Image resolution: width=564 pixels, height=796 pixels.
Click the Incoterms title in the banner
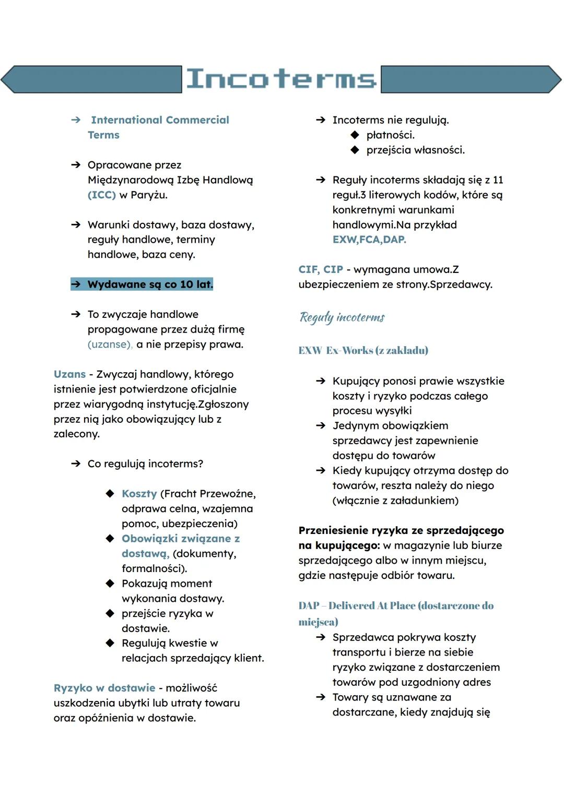(x=281, y=79)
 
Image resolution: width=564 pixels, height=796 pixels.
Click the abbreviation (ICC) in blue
(x=102, y=195)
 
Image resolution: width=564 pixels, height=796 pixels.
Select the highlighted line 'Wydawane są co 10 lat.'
(x=142, y=284)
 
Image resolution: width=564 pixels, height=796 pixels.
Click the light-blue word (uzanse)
(x=110, y=344)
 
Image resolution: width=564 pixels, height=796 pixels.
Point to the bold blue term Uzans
(x=69, y=374)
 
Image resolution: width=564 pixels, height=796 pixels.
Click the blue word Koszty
(x=139, y=494)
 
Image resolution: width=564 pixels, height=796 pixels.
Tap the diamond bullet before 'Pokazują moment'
(x=110, y=584)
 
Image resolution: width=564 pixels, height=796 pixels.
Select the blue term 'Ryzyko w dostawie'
(x=104, y=688)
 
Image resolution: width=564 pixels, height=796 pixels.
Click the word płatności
(x=390, y=135)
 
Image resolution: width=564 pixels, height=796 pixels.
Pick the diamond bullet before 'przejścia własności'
(x=355, y=150)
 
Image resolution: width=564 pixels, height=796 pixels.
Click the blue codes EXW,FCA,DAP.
(x=369, y=240)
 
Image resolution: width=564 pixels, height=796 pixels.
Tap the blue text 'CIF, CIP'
(x=321, y=269)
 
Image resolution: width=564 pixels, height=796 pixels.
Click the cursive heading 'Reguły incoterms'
(x=342, y=317)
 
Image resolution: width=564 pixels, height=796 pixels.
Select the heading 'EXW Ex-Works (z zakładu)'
(x=363, y=350)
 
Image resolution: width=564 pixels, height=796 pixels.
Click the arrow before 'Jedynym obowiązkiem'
(x=321, y=426)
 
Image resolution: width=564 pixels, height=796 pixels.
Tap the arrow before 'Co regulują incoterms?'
(x=76, y=464)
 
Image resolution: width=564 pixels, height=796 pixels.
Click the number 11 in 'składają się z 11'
(x=498, y=180)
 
